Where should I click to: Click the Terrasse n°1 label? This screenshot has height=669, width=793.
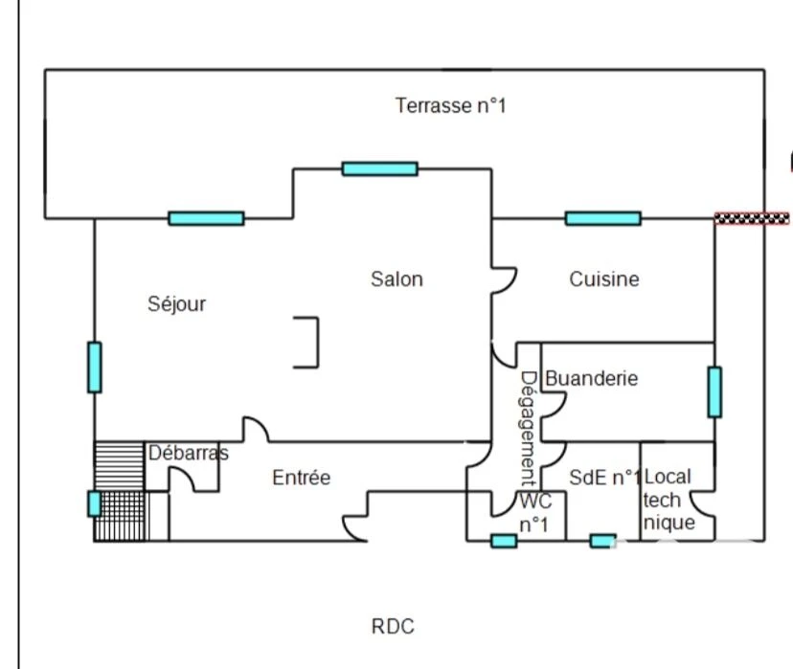coord(450,105)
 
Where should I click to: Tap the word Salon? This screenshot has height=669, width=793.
coord(397,279)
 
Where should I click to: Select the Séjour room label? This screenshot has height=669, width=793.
coord(176,304)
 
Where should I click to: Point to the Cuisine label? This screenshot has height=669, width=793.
coord(604,279)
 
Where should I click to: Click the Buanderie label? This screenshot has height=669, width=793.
coord(592,378)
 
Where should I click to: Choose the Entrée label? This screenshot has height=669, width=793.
coord(302,478)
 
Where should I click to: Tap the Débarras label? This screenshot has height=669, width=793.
coord(188,453)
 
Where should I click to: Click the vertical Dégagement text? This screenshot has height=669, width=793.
coord(528,428)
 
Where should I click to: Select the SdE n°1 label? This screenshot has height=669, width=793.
coord(605,478)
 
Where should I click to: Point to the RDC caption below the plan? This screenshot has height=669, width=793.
coord(393,627)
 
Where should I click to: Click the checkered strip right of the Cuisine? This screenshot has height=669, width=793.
coord(752,218)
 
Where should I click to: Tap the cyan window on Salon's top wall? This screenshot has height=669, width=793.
coord(380,168)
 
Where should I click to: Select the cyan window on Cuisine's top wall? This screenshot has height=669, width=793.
coord(602,218)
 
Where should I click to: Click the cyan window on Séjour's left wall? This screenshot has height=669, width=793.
coord(95,368)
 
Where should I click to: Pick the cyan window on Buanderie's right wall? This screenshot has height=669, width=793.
coord(714,392)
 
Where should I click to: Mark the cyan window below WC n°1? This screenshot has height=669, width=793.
coord(504,541)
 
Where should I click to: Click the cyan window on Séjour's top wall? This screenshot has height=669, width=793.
coord(206,218)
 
